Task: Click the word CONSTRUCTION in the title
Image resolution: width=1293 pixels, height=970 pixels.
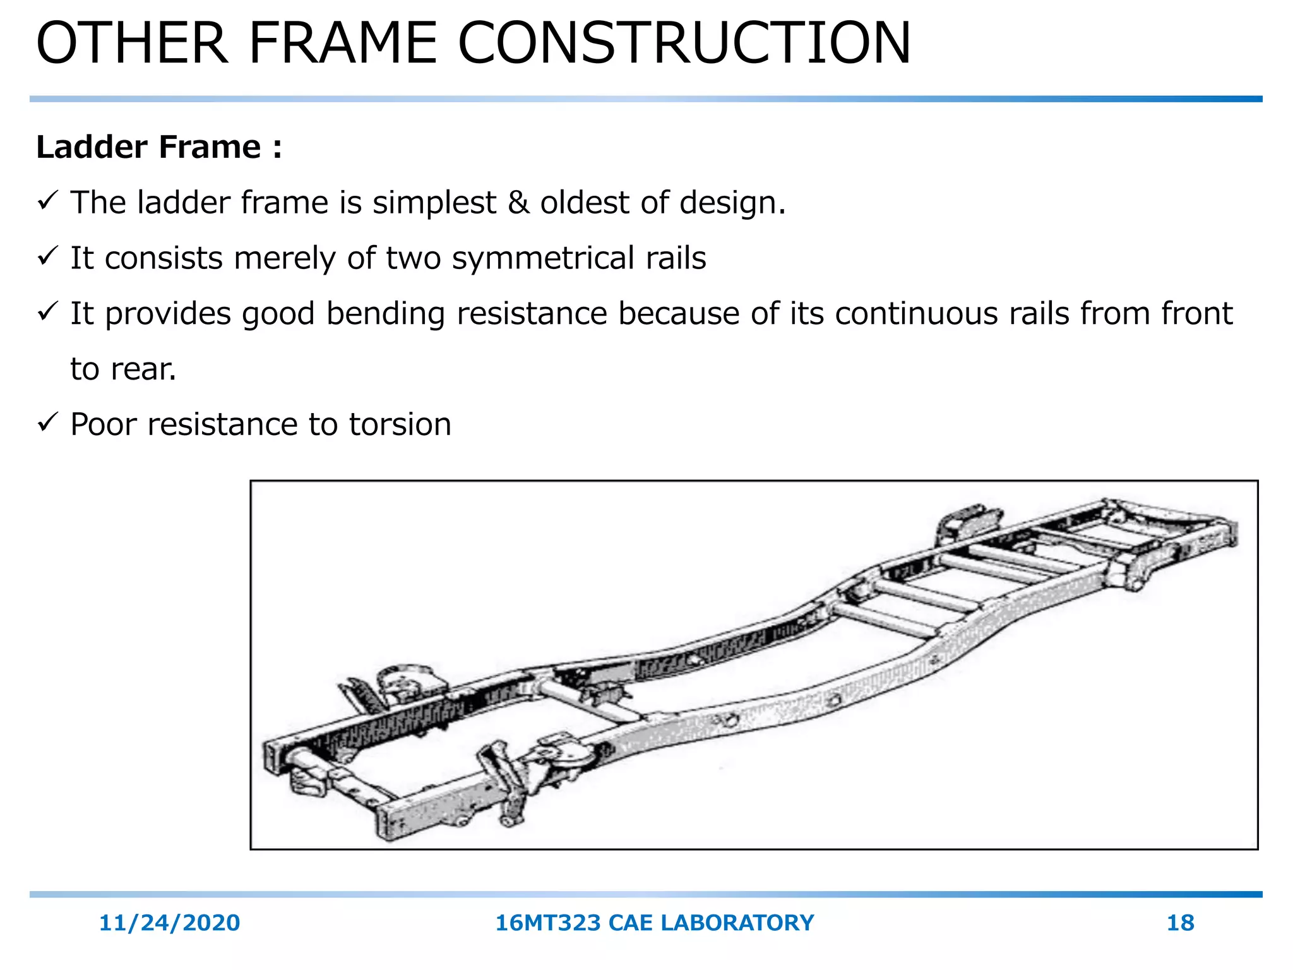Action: point(684,43)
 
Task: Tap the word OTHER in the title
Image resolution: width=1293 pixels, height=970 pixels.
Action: point(132,43)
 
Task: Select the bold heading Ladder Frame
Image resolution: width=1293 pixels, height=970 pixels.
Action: point(148,147)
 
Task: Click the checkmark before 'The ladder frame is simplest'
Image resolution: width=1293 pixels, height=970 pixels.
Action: point(48,201)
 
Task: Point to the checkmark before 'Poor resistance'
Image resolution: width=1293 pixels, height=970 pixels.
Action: point(48,422)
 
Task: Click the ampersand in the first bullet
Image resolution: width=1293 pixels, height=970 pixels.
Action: point(518,203)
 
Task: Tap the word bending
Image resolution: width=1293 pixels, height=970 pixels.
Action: point(386,314)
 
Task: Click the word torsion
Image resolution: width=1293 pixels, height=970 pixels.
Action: point(400,424)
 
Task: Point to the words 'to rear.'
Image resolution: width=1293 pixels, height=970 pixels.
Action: point(123,369)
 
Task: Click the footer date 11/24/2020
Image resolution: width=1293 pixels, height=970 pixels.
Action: point(169,923)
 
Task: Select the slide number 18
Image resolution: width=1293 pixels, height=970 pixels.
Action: point(1180,923)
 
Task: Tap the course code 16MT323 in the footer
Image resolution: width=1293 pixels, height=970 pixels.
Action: point(547,923)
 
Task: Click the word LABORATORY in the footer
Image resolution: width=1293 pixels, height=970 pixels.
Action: point(737,923)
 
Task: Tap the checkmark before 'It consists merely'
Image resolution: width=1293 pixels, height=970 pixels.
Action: point(48,256)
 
